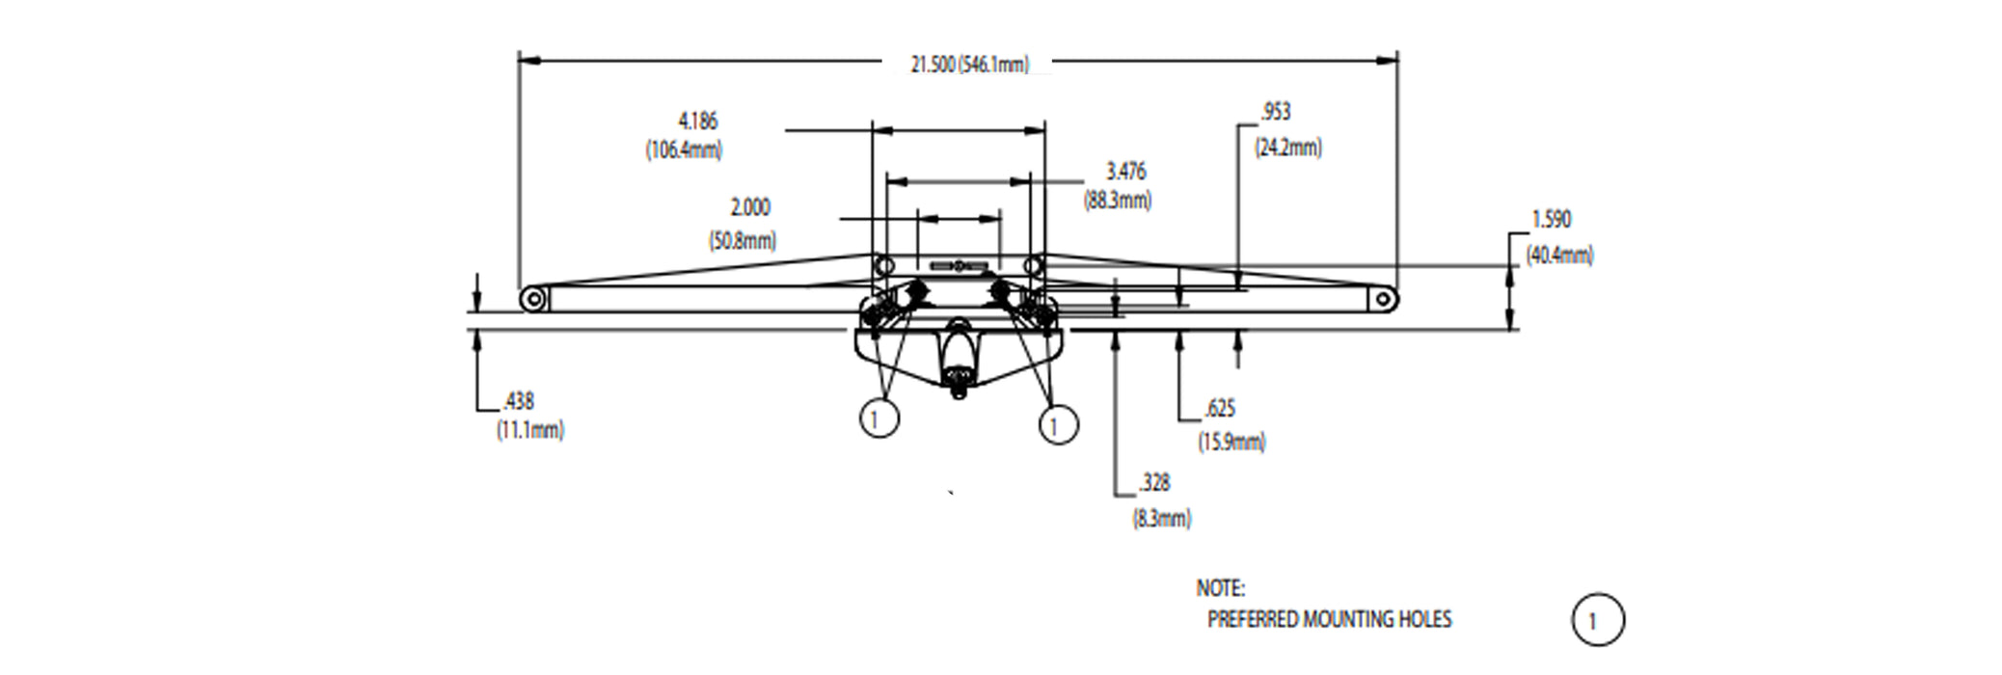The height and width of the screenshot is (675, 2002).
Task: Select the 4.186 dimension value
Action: pos(698,121)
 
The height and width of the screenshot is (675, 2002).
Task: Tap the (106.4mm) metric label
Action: pos(684,150)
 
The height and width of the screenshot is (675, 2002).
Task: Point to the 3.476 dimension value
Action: pos(1125,172)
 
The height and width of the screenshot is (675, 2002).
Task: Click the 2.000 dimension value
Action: pos(750,208)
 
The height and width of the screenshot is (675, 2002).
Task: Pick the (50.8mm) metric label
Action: pos(743,241)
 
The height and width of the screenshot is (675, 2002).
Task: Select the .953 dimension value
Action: pos(1275,113)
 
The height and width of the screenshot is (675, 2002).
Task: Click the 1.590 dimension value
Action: pos(1551,220)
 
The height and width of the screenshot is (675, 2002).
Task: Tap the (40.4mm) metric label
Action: pos(1559,256)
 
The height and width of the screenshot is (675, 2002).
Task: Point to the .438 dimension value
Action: pos(518,401)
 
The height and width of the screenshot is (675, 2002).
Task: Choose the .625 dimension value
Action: pos(1220,410)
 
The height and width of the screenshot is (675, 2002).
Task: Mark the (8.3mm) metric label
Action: pos(1161,519)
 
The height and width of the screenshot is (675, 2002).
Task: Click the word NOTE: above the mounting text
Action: pos(1220,588)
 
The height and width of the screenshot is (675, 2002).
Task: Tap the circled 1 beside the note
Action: pos(1598,620)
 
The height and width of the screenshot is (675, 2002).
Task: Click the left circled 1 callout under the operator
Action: pos(879,418)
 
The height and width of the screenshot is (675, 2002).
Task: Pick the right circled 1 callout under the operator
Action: pos(1058,424)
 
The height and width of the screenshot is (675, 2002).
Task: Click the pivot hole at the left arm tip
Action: pos(531,299)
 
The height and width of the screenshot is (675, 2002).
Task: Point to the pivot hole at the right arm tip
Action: pos(1383,299)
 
